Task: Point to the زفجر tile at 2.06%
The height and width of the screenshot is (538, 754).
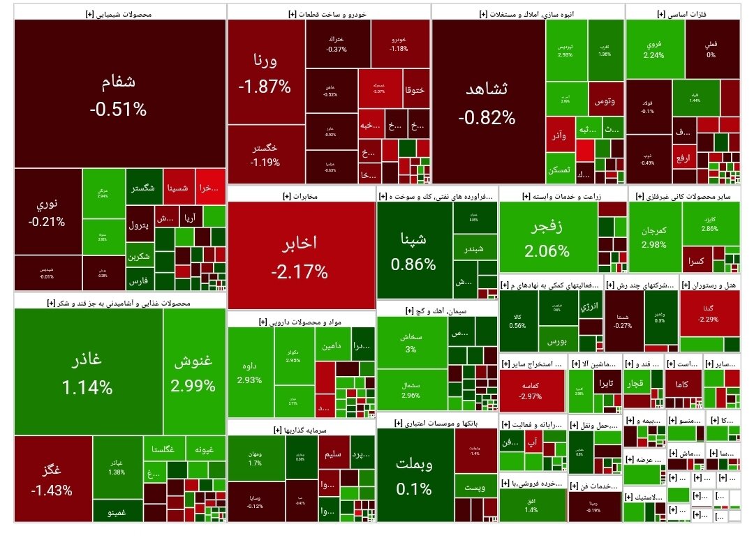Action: pos(547,237)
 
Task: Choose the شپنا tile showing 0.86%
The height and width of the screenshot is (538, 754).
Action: pos(413,251)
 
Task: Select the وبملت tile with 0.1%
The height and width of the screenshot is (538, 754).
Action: pos(414,475)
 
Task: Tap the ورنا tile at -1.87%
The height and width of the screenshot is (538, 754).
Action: pos(265,73)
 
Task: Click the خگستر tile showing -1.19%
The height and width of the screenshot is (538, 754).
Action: pos(265,155)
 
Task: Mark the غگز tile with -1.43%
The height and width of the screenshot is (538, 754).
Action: pos(52,479)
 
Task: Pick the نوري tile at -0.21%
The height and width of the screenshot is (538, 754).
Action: pos(47,213)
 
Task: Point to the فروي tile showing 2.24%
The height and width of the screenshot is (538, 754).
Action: pos(653,48)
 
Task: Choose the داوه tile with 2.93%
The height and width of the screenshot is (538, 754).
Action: pos(250,373)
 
